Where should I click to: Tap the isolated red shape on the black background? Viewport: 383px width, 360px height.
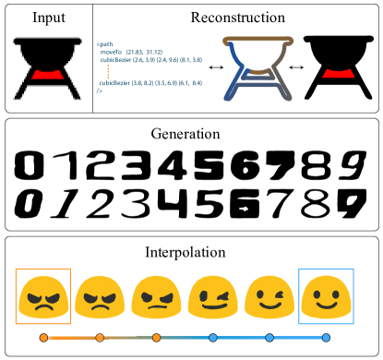click(338, 73)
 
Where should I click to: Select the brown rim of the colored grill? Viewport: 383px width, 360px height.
click(257, 41)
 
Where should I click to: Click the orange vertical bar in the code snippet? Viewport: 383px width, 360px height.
click(108, 71)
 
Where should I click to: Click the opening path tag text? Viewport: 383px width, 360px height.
click(104, 44)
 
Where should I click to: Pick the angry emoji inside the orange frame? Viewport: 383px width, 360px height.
click(43, 296)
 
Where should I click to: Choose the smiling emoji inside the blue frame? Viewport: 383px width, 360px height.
click(326, 296)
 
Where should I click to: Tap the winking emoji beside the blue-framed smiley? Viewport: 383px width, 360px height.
click(269, 296)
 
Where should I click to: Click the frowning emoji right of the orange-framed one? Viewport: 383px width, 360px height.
click(100, 296)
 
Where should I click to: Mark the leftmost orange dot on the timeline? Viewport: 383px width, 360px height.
click(43, 338)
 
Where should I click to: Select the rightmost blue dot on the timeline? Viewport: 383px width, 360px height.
click(326, 338)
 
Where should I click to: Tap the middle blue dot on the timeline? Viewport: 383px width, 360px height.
click(269, 338)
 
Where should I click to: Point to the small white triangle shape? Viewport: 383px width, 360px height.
click(171, 164)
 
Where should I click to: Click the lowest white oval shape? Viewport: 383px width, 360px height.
click(316, 210)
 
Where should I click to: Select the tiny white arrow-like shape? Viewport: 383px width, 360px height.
click(244, 209)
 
